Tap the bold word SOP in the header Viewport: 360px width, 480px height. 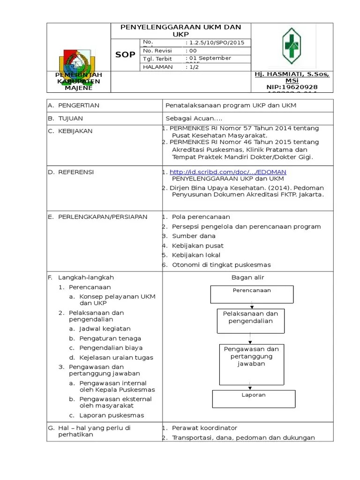pyautogui.click(x=125, y=55)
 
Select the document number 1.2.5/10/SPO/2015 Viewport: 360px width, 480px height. pyautogui.click(x=215, y=43)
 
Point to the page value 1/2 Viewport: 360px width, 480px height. pyautogui.click(x=193, y=67)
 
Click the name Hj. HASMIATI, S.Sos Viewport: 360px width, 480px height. pyautogui.click(x=292, y=75)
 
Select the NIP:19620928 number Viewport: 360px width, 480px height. pyautogui.click(x=292, y=87)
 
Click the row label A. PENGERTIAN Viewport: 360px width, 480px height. pyautogui.click(x=74, y=105)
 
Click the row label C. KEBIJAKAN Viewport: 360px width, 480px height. pyautogui.click(x=70, y=131)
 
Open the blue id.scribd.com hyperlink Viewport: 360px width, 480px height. pyautogui.click(x=228, y=172)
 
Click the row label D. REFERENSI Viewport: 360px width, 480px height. pyautogui.click(x=71, y=172)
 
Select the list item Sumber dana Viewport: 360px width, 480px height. pyautogui.click(x=194, y=236)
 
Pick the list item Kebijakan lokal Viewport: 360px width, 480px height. pyautogui.click(x=196, y=255)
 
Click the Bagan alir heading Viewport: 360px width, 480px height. pyautogui.click(x=247, y=277)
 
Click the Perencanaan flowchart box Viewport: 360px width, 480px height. pyautogui.click(x=252, y=294)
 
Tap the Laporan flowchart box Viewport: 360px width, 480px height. pyautogui.click(x=254, y=399)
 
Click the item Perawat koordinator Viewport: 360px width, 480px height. pyautogui.click(x=204, y=428)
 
